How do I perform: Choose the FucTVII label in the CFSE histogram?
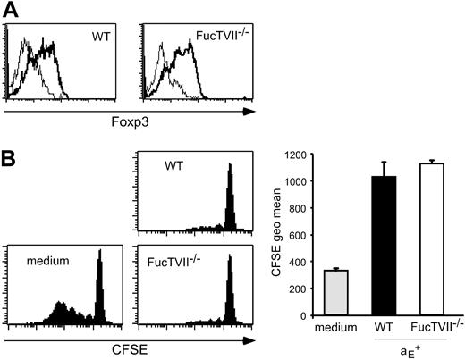coord(182,263)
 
